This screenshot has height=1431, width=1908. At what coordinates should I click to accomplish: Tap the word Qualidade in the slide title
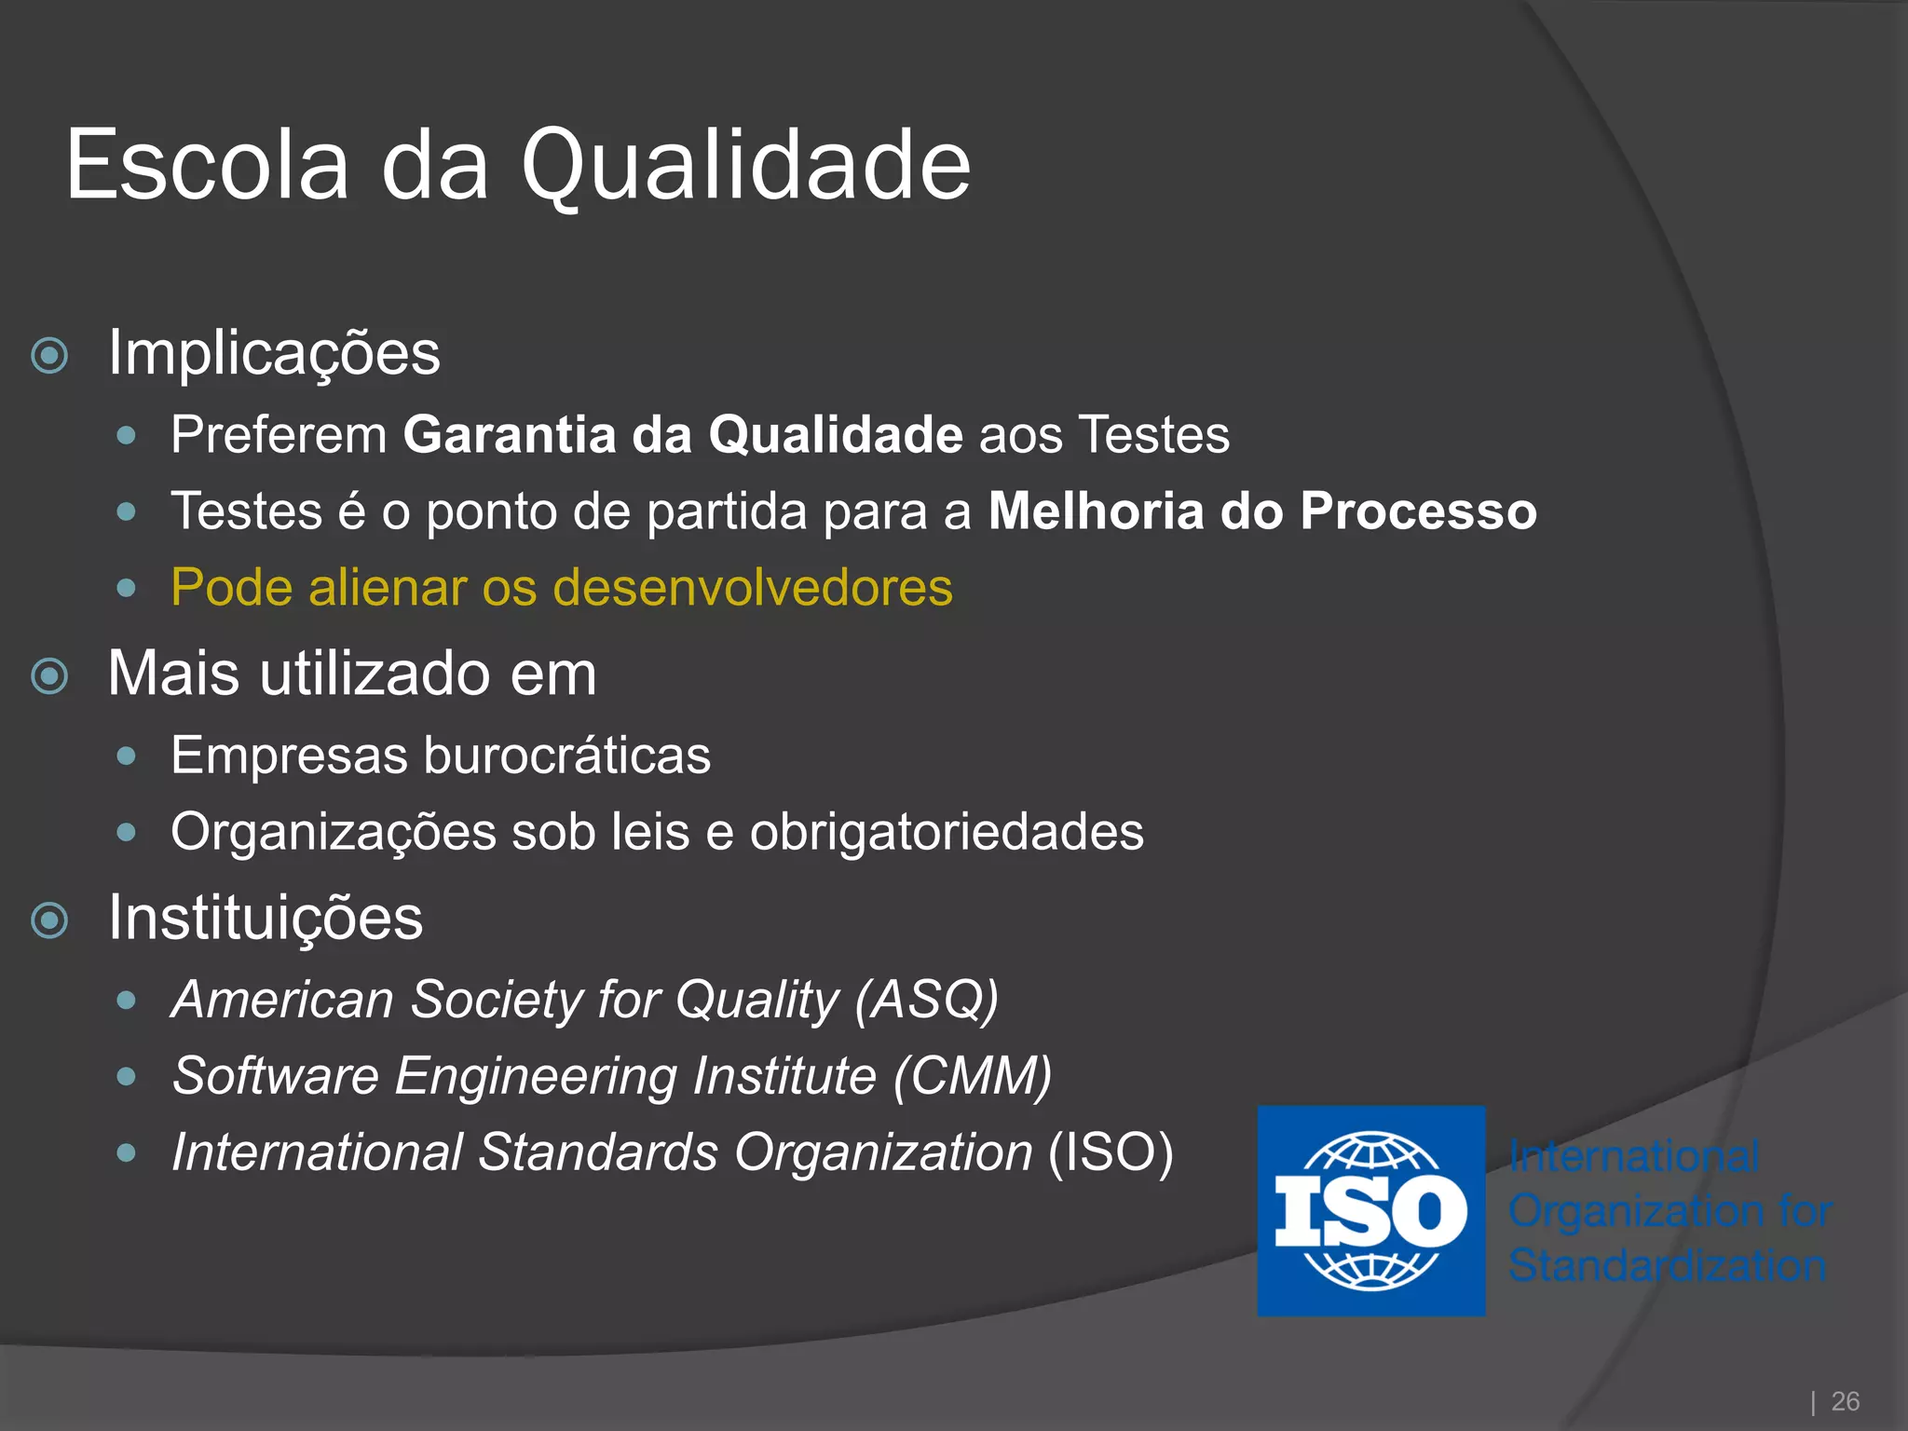[745, 166]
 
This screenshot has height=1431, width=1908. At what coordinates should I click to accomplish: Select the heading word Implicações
[274, 354]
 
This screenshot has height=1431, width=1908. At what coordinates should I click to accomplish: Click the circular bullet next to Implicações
[49, 355]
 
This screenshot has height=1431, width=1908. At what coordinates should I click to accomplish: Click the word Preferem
[279, 435]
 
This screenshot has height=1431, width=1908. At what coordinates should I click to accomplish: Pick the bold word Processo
[1418, 511]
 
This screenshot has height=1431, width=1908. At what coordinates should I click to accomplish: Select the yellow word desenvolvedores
[752, 588]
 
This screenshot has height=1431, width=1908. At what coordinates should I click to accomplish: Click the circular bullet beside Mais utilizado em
[49, 675]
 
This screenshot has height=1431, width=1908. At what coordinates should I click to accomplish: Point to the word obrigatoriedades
[947, 832]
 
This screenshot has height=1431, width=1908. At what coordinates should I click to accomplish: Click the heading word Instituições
[266, 919]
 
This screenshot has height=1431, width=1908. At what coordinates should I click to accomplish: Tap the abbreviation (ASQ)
[927, 1001]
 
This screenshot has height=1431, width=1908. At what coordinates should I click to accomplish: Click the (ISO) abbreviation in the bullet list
[1111, 1153]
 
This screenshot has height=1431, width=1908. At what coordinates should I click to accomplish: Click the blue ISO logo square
[1370, 1210]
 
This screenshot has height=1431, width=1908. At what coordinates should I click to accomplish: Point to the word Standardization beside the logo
[1667, 1265]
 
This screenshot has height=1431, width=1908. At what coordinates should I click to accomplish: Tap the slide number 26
[1845, 1401]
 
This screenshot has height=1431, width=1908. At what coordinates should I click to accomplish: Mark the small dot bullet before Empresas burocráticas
[127, 756]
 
